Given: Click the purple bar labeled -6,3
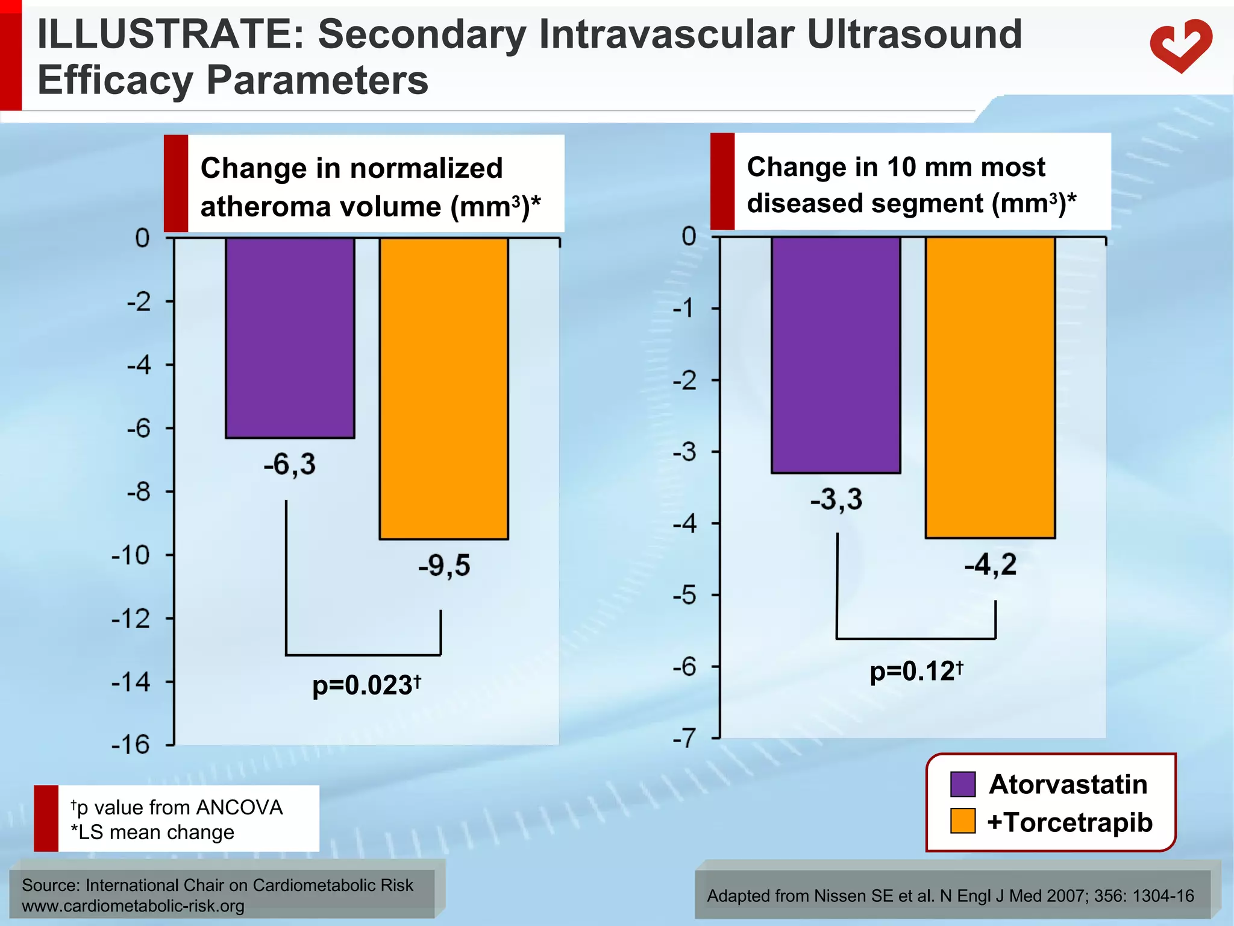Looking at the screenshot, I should click(290, 338).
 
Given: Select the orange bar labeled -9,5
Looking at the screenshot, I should click(444, 388).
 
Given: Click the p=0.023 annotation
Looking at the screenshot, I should click(366, 685).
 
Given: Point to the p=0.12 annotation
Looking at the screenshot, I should click(916, 671).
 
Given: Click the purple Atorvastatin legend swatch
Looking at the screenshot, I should click(962, 784).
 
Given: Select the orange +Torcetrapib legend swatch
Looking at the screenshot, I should click(962, 822).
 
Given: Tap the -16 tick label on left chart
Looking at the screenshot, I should click(131, 745).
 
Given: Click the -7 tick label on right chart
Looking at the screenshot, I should click(685, 738).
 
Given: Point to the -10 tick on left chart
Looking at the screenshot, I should click(131, 555).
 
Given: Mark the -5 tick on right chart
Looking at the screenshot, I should click(685, 595).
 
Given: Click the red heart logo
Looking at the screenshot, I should click(1180, 46).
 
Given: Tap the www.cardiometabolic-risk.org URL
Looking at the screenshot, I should click(133, 906).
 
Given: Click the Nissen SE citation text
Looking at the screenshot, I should click(950, 896).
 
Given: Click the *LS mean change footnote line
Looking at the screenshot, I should click(152, 833).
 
